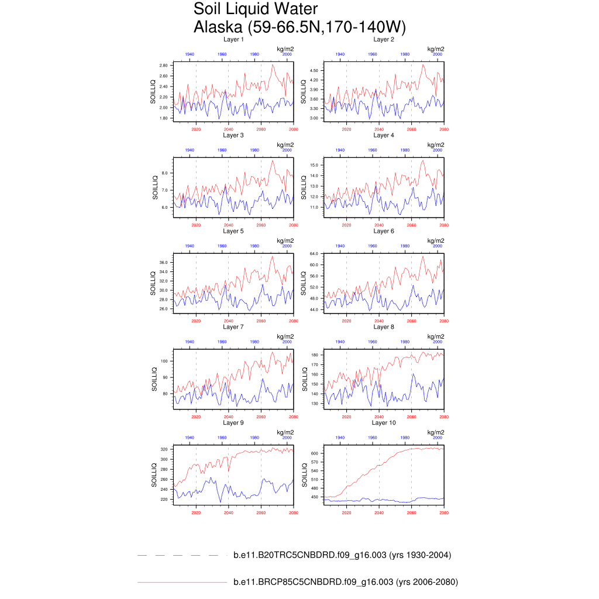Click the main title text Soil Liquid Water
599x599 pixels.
[x=256, y=9]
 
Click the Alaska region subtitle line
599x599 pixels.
[x=299, y=27]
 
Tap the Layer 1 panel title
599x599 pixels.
[x=233, y=39]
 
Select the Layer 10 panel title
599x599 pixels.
[x=384, y=422]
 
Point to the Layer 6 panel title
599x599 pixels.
[x=384, y=231]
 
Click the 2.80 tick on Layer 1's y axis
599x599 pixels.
[x=164, y=66]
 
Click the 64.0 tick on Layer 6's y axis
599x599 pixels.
[x=314, y=254]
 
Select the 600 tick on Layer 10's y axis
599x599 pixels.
[x=314, y=453]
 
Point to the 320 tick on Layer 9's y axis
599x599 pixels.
[x=164, y=449]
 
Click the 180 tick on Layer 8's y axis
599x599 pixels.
[x=314, y=355]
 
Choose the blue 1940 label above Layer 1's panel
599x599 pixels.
[x=190, y=54]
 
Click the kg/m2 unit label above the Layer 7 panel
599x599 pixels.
[x=285, y=336]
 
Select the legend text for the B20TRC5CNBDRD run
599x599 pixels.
[x=342, y=555]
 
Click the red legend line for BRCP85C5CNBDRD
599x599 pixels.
[x=181, y=582]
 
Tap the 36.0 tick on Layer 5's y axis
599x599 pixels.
[x=164, y=263]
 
